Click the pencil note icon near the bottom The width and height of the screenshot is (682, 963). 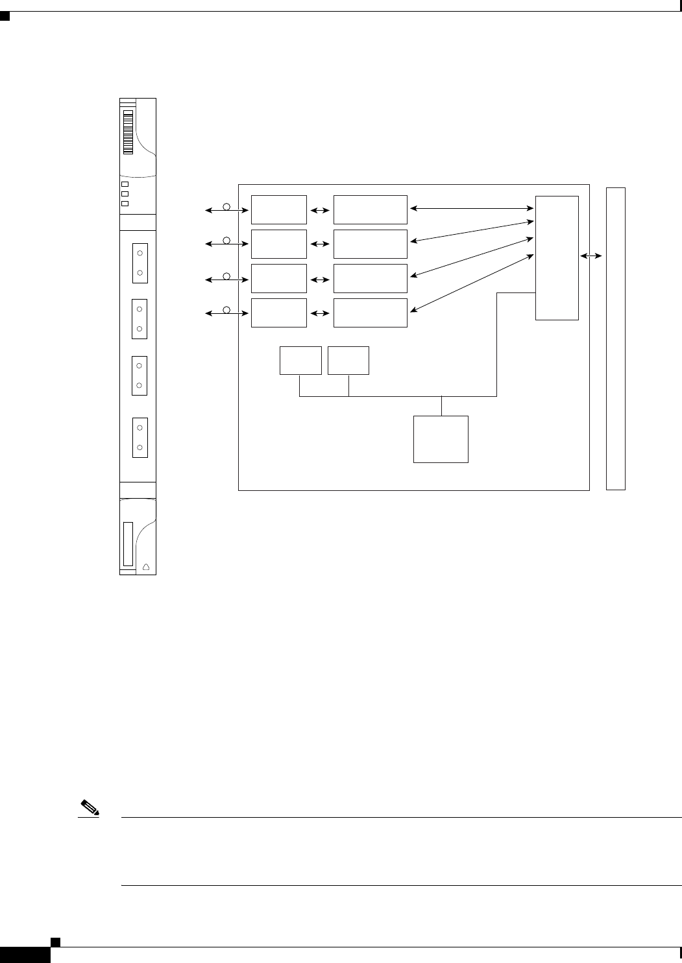point(88,809)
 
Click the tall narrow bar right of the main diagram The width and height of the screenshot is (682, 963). point(615,338)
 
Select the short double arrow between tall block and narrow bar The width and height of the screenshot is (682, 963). point(591,257)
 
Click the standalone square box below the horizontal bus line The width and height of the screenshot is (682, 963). point(441,439)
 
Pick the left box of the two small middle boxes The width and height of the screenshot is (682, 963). point(300,361)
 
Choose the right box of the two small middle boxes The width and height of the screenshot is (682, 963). point(348,361)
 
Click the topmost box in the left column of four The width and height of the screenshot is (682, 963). point(279,209)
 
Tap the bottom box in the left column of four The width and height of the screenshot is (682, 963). point(279,313)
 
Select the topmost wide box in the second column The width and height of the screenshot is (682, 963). point(371,209)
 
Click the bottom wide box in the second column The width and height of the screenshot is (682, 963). point(371,313)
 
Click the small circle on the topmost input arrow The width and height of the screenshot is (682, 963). point(226,206)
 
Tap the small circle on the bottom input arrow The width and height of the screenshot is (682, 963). point(226,309)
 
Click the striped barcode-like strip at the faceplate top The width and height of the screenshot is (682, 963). point(128,132)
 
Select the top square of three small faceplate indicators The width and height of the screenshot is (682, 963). point(125,184)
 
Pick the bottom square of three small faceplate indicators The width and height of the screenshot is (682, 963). point(125,204)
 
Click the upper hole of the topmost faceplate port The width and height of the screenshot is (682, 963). point(140,252)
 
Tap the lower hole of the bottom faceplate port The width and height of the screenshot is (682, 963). point(140,447)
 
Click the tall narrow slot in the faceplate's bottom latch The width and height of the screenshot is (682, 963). point(127,543)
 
